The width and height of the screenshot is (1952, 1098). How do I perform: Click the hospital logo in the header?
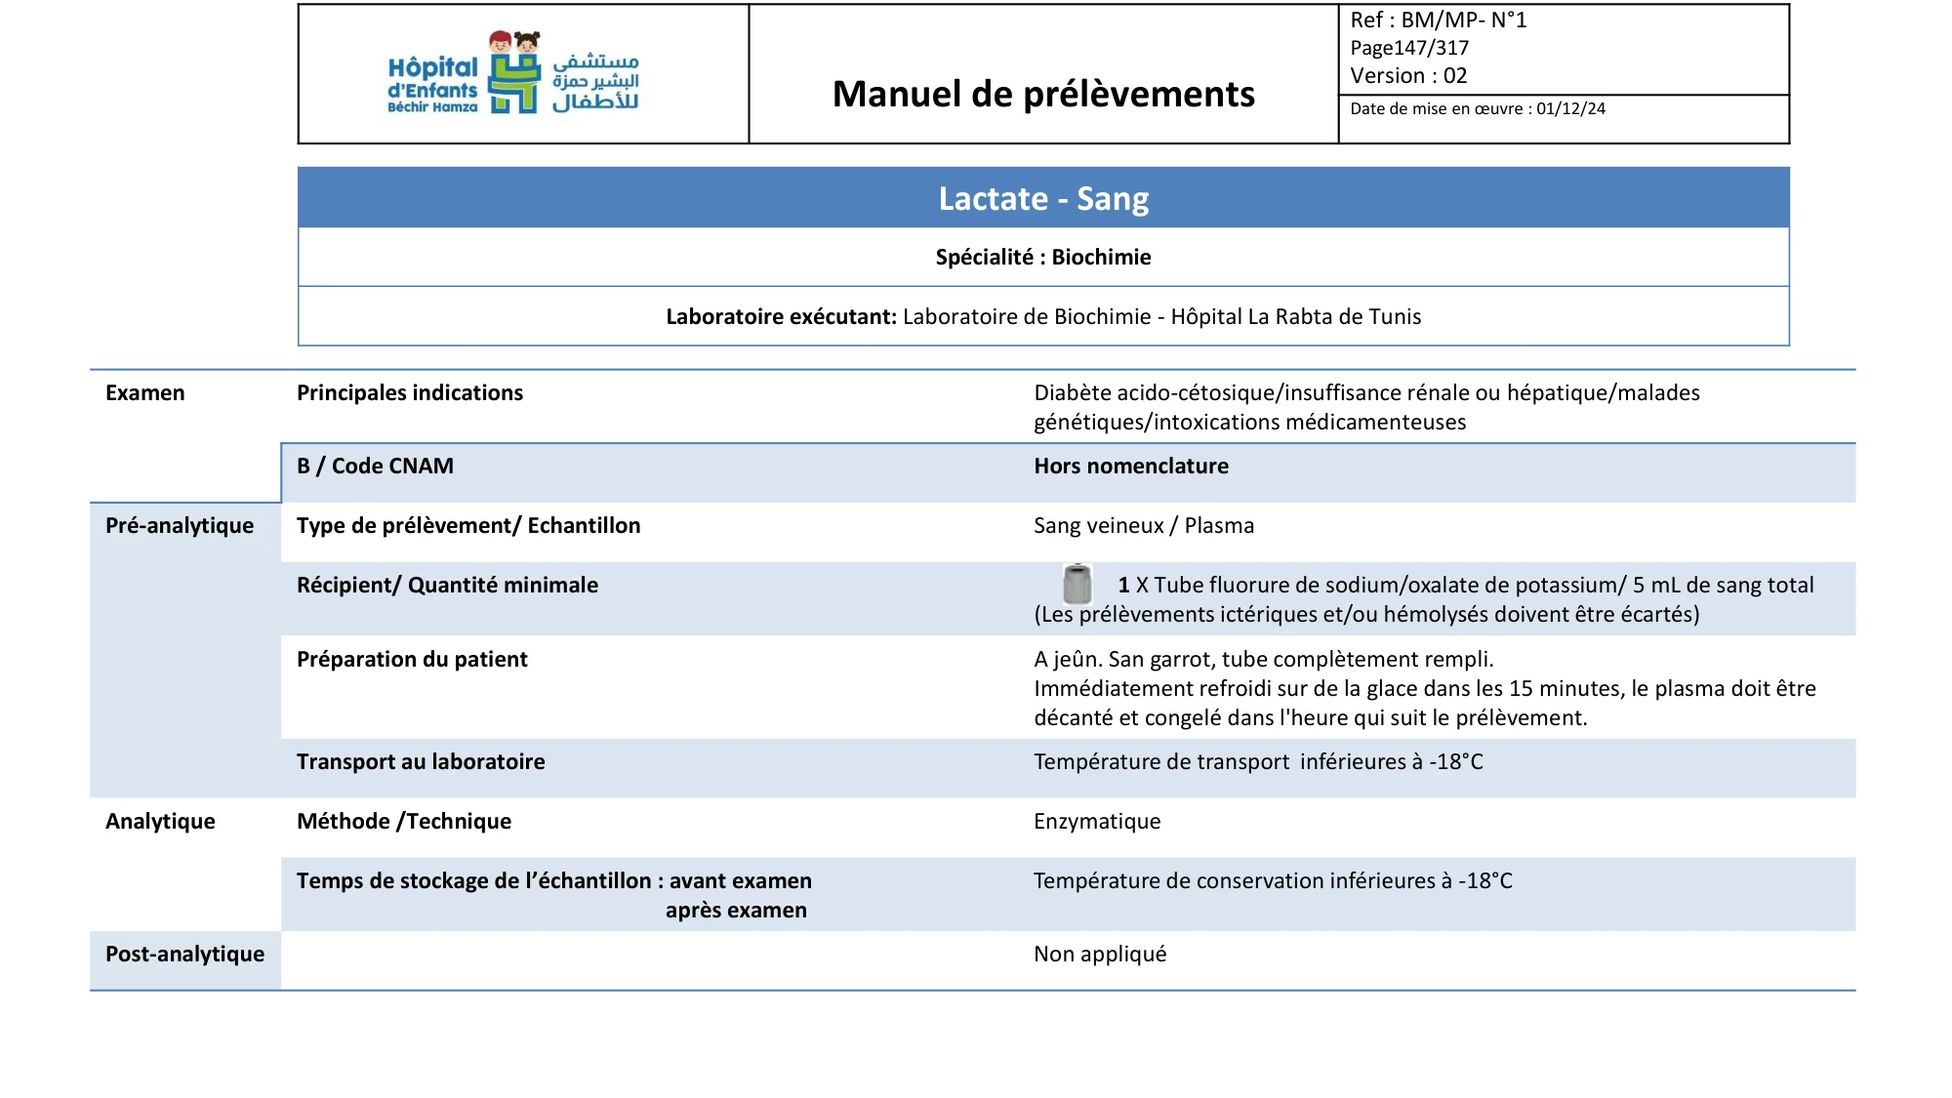tap(513, 74)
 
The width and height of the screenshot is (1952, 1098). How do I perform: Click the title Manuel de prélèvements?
tap(1043, 94)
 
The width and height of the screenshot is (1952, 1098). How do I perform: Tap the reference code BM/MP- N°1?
tap(1463, 20)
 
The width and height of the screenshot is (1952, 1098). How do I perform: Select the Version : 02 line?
tap(1408, 76)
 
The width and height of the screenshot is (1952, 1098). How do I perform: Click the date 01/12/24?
tap(1570, 109)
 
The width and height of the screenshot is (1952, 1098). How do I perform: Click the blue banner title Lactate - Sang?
tap(1043, 198)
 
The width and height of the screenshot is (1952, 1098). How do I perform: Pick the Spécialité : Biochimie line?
tap(1043, 257)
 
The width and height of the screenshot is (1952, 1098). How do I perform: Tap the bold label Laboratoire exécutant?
tap(781, 316)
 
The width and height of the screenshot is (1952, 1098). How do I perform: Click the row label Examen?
tap(144, 393)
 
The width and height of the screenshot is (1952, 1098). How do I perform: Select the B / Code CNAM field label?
tap(375, 467)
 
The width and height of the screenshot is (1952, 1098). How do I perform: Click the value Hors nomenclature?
tap(1131, 467)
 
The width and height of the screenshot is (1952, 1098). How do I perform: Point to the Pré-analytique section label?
tap(180, 526)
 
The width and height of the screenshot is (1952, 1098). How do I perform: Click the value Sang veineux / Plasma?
tap(1144, 526)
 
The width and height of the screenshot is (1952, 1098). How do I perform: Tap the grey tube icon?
tap(1077, 584)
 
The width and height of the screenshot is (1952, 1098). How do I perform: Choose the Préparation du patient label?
tap(412, 660)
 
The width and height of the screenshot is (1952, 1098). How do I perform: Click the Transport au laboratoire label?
tap(421, 762)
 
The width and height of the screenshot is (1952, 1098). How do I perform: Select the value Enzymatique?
tap(1097, 822)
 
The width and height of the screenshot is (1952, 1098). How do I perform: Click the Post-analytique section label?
tap(184, 955)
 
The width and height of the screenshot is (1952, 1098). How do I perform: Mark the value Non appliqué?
tap(1100, 955)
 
